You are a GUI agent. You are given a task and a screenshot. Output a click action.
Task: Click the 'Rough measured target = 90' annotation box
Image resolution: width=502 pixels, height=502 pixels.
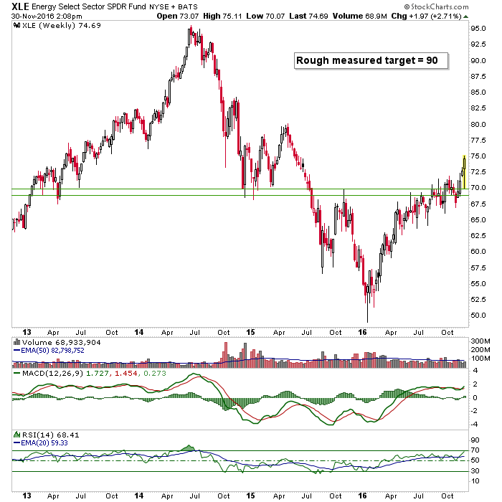point(371,61)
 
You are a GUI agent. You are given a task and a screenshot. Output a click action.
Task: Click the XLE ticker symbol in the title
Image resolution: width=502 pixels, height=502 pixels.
point(20,6)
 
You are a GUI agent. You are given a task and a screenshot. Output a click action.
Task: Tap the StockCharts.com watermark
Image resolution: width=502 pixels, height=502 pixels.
point(436,6)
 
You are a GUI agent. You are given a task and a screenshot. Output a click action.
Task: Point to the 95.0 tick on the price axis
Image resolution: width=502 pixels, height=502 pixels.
point(478,29)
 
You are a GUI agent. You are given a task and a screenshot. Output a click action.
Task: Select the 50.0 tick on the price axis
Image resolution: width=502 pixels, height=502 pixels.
point(478,316)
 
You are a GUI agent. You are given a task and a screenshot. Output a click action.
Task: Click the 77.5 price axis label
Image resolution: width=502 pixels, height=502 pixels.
point(478,141)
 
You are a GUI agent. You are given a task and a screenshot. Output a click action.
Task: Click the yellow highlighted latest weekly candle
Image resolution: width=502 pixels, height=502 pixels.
point(464,172)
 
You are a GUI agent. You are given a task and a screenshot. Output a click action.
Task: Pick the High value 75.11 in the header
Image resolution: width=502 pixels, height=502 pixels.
point(231,16)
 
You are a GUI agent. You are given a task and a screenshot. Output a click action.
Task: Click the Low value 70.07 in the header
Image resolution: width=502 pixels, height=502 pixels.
point(275,16)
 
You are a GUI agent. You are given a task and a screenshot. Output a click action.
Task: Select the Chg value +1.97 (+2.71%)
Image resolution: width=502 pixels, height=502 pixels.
point(435,16)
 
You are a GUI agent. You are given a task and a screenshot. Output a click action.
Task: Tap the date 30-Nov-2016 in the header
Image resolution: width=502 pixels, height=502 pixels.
point(30,16)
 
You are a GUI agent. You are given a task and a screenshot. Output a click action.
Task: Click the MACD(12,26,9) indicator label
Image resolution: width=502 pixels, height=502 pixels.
point(52,374)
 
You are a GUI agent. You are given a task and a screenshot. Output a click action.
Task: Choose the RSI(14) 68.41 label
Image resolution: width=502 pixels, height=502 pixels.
point(50,435)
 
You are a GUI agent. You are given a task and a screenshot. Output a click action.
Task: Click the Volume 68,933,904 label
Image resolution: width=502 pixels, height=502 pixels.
point(61,343)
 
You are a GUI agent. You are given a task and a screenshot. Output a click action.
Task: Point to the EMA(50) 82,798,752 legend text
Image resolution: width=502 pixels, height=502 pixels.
point(52,351)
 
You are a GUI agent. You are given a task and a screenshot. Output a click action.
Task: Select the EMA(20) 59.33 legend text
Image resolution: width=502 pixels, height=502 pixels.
point(44,443)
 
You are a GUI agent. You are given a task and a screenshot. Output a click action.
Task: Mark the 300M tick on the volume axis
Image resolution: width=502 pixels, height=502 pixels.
point(480,341)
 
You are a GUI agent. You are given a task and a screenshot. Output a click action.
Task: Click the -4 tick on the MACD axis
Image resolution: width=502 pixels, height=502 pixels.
point(474,425)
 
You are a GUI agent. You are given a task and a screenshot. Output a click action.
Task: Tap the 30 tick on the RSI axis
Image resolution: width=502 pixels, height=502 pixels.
point(475,471)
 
